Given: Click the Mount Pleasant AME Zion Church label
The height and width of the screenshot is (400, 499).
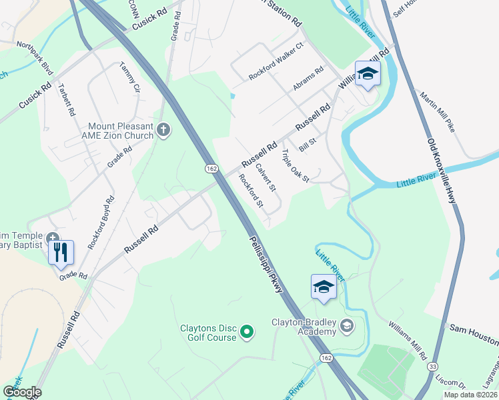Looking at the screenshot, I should pos(121,131).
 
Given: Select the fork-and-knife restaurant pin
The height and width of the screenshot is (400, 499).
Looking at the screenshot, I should pos(61,251).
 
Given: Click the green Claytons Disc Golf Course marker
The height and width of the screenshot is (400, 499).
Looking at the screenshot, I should pos(247,331).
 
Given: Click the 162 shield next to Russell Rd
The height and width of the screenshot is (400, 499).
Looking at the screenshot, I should pos(211,169).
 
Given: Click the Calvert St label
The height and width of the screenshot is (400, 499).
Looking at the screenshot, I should pos(266,179).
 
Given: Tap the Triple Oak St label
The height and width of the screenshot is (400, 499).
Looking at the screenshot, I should pos(295,166).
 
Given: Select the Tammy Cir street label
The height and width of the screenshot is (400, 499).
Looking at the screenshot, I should pos(131,77).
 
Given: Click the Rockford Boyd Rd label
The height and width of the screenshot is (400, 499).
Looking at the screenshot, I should pos(100,222).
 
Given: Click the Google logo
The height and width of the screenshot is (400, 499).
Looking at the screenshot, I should pos(21,392).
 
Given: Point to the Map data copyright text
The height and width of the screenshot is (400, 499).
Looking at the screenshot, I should pos(470,395).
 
